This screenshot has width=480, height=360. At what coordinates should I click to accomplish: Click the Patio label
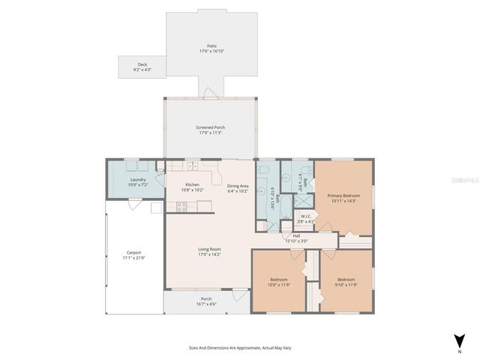point(213,45)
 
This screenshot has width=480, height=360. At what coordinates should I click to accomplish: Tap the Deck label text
point(142,64)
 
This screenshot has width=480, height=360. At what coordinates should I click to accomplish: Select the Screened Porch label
point(210,127)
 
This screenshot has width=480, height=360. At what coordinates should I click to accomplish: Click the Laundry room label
point(138,179)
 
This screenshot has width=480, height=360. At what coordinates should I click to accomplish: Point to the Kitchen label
point(193,184)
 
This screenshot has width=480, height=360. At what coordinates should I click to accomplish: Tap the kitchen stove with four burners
point(181,208)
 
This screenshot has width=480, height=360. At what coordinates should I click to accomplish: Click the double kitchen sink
point(193,166)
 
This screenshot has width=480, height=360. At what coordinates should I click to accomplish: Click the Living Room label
point(209,249)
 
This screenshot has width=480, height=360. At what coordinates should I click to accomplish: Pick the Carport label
point(133,252)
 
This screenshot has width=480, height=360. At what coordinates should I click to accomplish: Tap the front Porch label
point(205,298)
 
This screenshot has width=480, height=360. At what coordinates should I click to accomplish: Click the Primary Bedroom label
point(341,196)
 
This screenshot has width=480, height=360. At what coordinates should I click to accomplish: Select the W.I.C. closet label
point(306,217)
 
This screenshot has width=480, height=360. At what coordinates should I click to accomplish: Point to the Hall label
point(296,235)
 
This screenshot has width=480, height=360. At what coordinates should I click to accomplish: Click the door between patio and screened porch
point(210,94)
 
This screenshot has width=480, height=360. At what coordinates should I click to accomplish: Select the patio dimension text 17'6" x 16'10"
point(213,51)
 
